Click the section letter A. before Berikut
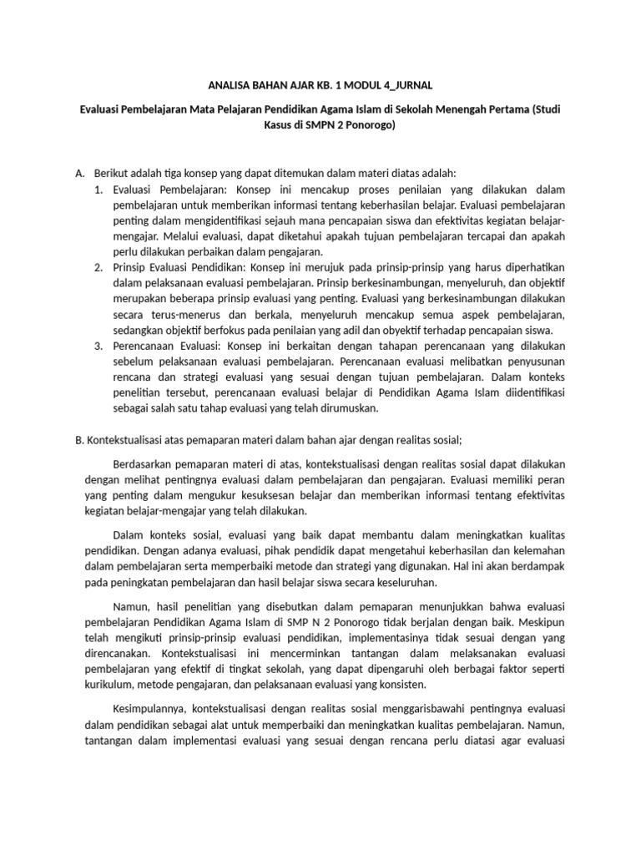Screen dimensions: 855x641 [81, 173]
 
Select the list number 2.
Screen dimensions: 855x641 [98, 267]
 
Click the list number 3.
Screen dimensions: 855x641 [98, 346]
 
